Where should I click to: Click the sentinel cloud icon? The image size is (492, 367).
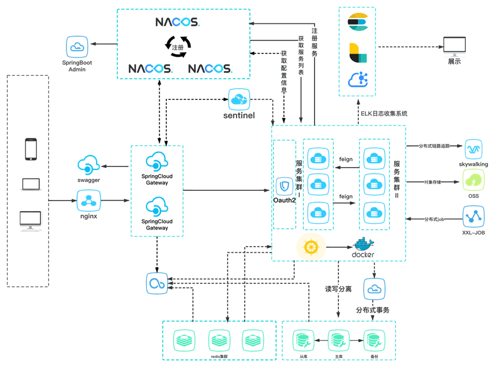tap(239, 99)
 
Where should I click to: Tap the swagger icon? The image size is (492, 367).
tap(89, 165)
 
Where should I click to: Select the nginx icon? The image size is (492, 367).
tap(89, 200)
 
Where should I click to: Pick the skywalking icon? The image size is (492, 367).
tap(473, 149)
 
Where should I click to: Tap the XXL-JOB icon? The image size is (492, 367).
tap(473, 216)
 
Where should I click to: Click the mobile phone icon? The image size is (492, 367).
tap(31, 149)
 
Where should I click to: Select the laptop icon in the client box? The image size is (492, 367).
tap(31, 184)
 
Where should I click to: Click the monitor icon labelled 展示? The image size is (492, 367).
tap(454, 46)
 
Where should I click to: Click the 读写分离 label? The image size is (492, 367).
tap(338, 289)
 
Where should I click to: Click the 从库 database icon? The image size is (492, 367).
tap(303, 340)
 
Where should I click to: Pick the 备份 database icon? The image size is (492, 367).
tap(374, 340)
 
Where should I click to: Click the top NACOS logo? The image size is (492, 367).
tap(177, 22)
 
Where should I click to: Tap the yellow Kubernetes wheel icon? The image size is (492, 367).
tap(311, 247)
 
